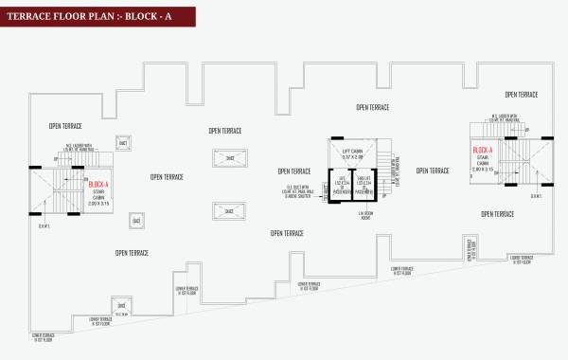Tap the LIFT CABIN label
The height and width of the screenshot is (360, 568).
(x=352, y=149)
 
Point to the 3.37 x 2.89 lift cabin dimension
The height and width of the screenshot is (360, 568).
(x=352, y=156)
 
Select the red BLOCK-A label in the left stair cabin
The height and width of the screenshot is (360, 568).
(x=98, y=185)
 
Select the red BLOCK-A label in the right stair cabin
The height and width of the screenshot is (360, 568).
(x=483, y=151)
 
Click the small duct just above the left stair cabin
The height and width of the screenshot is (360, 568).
(x=122, y=143)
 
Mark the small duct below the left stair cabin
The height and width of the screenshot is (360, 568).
(x=136, y=221)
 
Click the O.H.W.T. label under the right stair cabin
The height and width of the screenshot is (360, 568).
(x=536, y=197)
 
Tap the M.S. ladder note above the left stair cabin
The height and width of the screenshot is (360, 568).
(x=75, y=148)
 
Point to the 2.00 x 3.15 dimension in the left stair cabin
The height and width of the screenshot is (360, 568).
(x=98, y=204)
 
